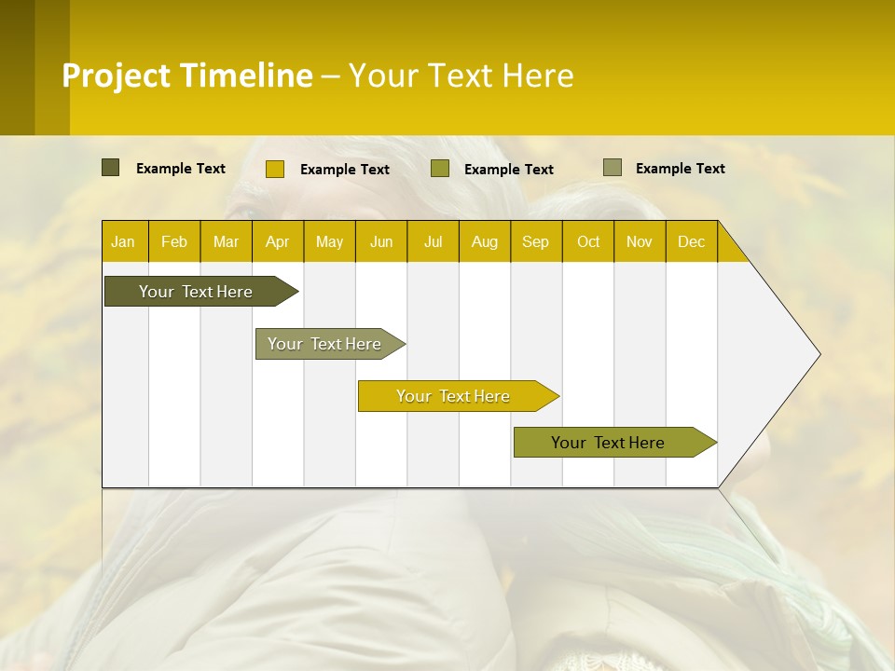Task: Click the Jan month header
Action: (x=124, y=241)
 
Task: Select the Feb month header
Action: (x=174, y=241)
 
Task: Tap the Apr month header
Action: (x=278, y=241)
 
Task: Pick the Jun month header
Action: (x=381, y=241)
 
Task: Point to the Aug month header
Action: (x=485, y=241)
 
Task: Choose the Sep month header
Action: (x=536, y=241)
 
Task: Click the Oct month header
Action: (x=588, y=241)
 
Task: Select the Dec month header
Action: (x=692, y=241)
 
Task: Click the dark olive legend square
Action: (x=110, y=168)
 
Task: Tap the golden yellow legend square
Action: (x=274, y=169)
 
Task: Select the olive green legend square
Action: (x=440, y=169)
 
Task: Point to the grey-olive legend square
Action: (x=612, y=168)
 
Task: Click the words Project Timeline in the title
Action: (x=187, y=75)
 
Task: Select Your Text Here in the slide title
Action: (x=461, y=75)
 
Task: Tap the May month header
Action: (x=329, y=241)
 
